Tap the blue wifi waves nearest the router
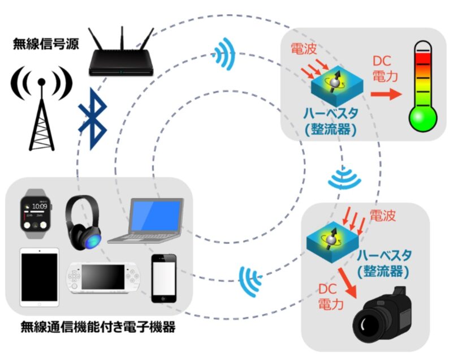click(x=226, y=54)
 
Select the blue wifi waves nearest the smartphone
click(x=249, y=277)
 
